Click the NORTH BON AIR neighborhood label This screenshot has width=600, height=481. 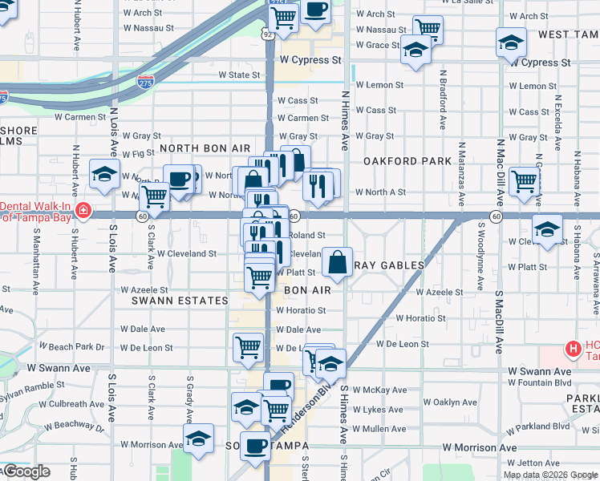coord(205,149)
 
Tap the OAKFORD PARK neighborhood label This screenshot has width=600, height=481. coord(407,161)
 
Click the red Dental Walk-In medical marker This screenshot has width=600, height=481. coord(83,211)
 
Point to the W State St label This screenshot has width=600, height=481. coord(239,75)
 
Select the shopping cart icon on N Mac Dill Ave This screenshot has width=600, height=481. coord(524,181)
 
